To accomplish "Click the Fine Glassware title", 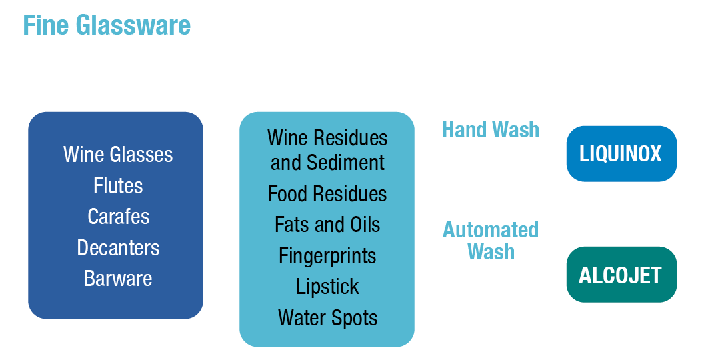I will pos(107,25).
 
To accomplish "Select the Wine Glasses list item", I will pos(118,155).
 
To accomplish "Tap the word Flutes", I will pos(118,185).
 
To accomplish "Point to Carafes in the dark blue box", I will pos(118,217).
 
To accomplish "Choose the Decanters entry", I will pos(118,248).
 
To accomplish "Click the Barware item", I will pos(118,279).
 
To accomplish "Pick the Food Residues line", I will pos(327,194).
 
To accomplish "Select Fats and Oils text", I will pos(327,225).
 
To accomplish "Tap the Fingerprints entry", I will pos(327,256).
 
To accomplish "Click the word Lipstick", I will pos(327,287).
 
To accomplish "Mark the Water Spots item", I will pos(327,318).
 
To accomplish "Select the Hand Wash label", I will pos(490,129).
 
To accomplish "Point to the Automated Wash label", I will pos(491,241).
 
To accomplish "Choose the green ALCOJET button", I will pos(621,275).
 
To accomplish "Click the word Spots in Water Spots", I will pos(355,318).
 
